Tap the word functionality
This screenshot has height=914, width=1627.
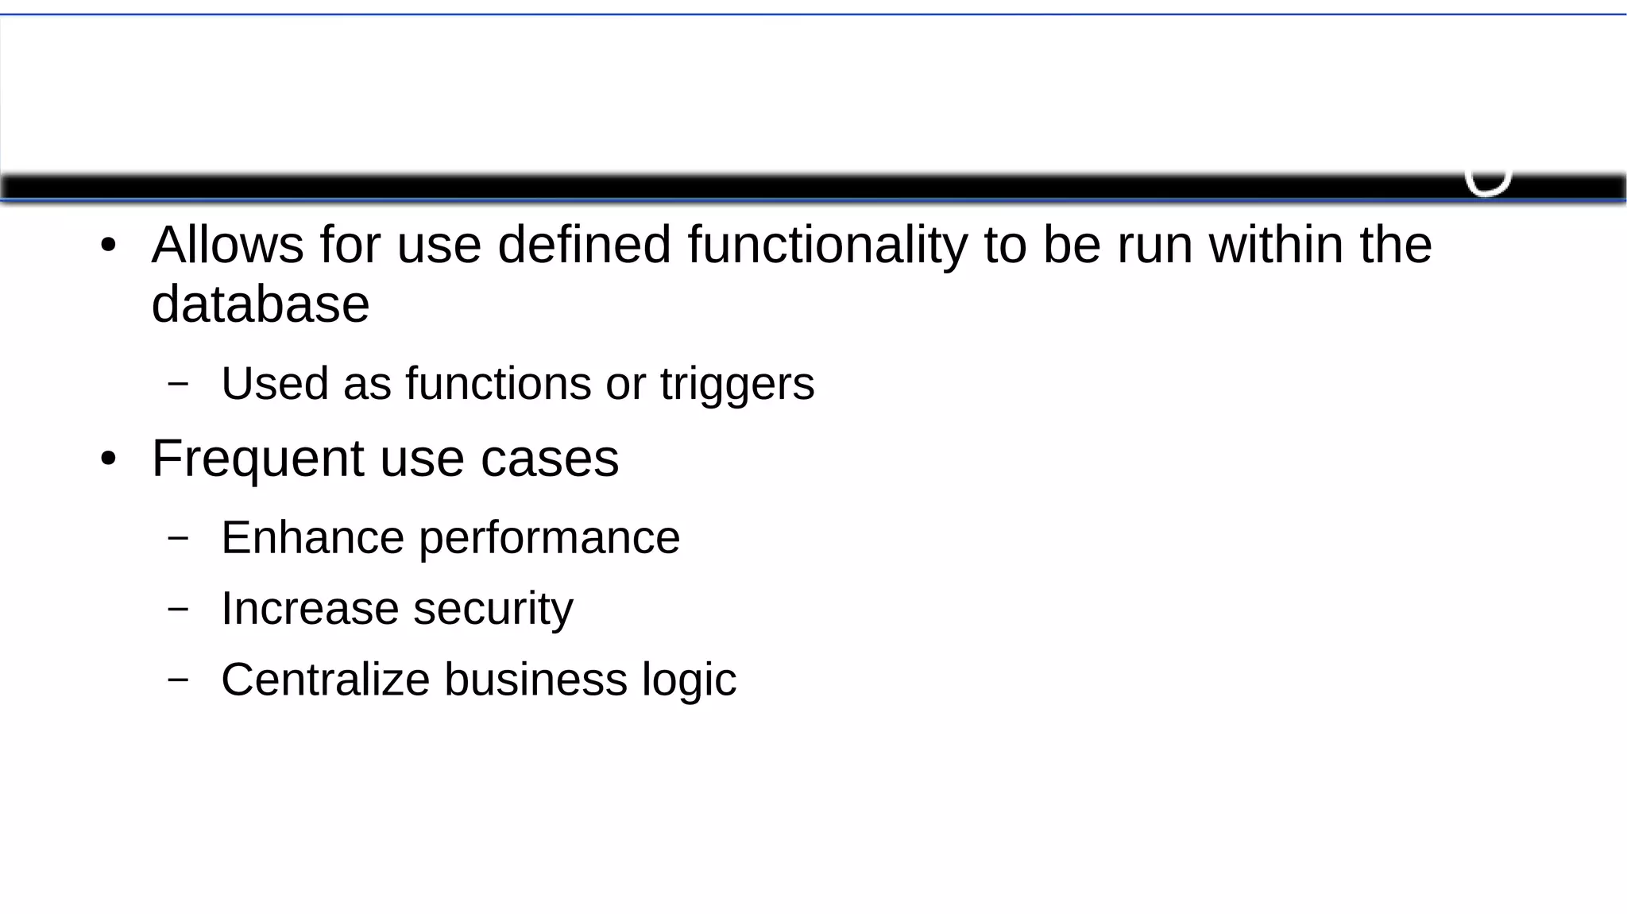click(827, 246)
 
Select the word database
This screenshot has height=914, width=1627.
click(261, 304)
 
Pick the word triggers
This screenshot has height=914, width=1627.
click(737, 385)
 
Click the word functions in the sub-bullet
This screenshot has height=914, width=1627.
click(498, 383)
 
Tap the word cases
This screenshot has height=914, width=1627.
click(549, 459)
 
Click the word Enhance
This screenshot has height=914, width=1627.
click(312, 537)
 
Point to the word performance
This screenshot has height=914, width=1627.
click(549, 539)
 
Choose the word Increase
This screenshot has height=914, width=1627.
click(310, 609)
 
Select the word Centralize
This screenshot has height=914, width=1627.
click(325, 680)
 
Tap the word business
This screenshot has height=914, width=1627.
click(535, 680)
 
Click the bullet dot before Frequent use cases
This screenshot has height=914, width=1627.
click(109, 459)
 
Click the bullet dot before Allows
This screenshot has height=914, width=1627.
click(109, 246)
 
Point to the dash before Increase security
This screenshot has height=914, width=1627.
click(179, 609)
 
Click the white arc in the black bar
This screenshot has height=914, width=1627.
click(1487, 185)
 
